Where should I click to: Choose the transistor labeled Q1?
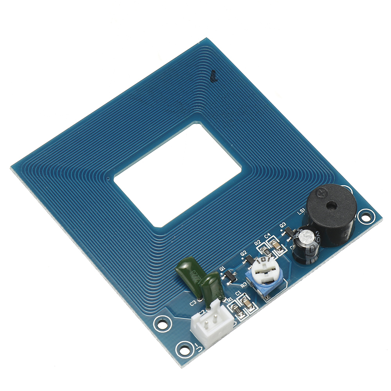pos(229,276)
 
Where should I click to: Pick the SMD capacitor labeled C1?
pos(247,303)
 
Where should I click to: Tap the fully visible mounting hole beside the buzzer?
pos(365,215)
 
